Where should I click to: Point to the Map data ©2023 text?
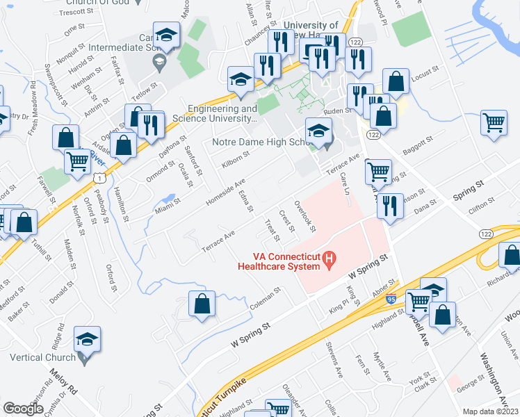(491, 411)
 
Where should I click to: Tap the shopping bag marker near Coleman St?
(202, 305)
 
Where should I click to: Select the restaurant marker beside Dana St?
(388, 206)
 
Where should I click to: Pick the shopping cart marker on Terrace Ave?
(377, 172)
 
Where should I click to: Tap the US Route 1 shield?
(101, 179)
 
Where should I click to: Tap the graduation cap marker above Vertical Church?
(88, 338)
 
